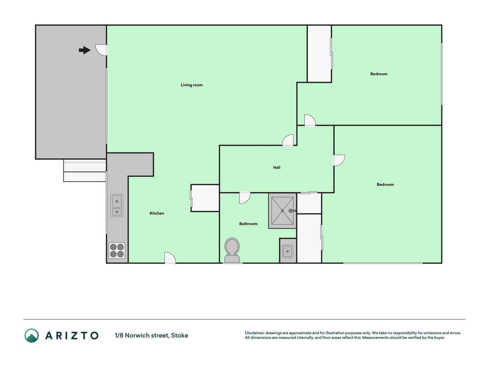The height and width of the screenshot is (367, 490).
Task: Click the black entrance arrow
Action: click(x=85, y=50)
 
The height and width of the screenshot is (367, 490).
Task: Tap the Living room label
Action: click(x=191, y=85)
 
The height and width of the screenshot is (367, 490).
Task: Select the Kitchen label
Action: click(x=157, y=213)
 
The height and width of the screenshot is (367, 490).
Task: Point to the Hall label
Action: click(x=277, y=167)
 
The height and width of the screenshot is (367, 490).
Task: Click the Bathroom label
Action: click(x=248, y=224)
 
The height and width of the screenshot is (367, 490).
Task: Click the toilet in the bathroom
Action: click(x=232, y=250)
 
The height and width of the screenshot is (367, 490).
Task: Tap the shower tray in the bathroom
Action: click(x=282, y=211)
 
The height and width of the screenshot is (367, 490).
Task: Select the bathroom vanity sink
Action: click(x=288, y=251)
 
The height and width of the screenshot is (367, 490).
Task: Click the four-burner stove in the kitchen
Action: click(x=117, y=250)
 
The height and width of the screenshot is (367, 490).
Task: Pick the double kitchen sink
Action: click(x=117, y=205)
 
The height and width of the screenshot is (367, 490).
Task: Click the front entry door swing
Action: click(x=102, y=50)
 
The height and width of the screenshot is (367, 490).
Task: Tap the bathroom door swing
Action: click(x=245, y=198)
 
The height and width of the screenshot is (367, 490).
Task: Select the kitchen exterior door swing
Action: click(x=170, y=258)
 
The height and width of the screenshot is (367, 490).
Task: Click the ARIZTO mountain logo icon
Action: click(x=32, y=335)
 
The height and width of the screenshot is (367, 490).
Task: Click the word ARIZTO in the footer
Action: click(x=72, y=335)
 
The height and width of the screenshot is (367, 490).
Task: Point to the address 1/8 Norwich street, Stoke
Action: click(x=151, y=335)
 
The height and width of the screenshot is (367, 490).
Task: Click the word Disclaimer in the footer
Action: click(x=254, y=333)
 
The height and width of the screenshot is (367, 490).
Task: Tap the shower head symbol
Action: click(x=292, y=211)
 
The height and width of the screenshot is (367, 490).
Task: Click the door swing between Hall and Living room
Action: click(x=288, y=140)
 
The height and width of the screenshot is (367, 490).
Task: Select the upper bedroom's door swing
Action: click(x=310, y=120)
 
